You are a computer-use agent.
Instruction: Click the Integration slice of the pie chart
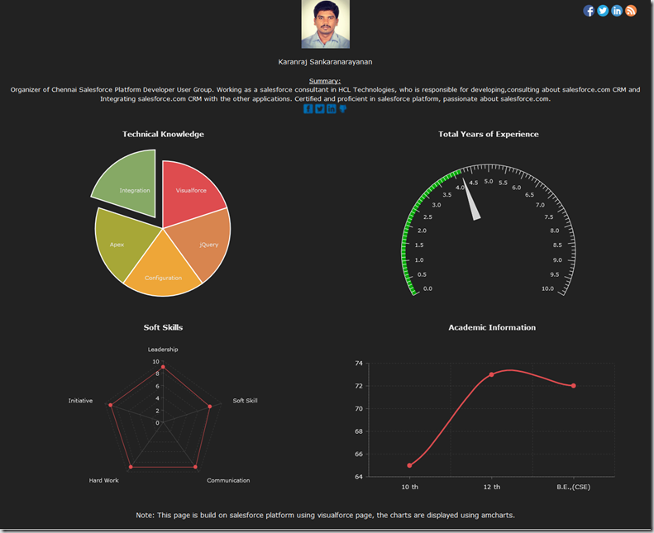(128, 185)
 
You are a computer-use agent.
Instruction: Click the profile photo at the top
(326, 24)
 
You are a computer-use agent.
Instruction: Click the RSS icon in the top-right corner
(631, 11)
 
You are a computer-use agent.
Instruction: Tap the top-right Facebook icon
(589, 11)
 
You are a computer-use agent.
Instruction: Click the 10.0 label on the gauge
(547, 288)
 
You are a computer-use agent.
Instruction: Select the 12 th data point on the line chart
(491, 374)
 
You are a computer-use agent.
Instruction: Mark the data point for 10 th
(409, 465)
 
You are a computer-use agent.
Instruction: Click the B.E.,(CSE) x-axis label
(573, 487)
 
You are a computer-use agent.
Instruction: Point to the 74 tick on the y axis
(359, 363)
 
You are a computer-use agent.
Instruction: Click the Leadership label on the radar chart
(163, 350)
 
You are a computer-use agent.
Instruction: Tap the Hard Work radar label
(104, 480)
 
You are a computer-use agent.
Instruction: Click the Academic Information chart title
(491, 327)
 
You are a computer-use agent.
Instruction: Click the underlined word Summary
(325, 81)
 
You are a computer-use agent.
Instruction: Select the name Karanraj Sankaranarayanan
(326, 61)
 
